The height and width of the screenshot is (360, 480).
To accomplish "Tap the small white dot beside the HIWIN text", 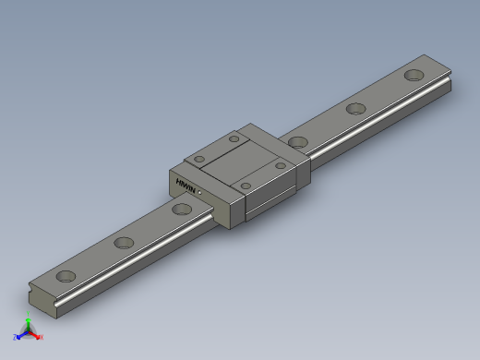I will point(199,191).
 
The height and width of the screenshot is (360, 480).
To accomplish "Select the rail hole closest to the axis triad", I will point(66,276).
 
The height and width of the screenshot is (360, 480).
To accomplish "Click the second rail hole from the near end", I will point(123,244).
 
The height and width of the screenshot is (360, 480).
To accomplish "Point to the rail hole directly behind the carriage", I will point(297,142).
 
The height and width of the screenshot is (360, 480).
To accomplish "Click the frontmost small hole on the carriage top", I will point(245,186).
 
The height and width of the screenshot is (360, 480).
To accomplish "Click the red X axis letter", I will point(41,338).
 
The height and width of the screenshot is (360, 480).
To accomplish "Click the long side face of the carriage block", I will point(272,197).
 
